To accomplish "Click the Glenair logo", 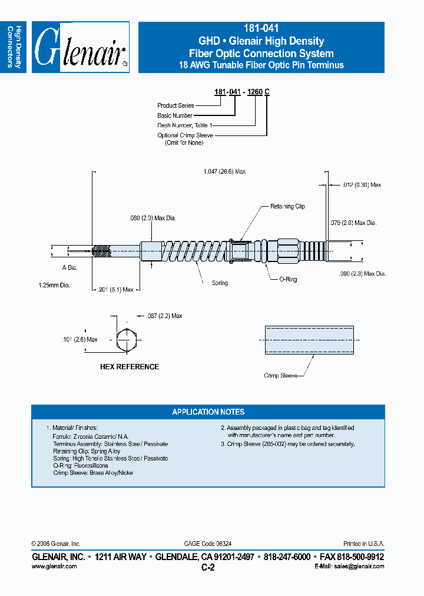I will [81, 48].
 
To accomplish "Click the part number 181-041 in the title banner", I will [261, 28].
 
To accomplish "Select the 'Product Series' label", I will [175, 105].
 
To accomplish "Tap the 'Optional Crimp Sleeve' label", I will [185, 135].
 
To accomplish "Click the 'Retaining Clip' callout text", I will [287, 206].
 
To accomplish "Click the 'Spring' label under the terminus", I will [220, 283].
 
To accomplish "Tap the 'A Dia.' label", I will [69, 267].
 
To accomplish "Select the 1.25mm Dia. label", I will [54, 285].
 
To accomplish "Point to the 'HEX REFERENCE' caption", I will [130, 367].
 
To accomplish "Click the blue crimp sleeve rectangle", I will [309, 340].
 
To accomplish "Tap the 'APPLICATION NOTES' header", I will [208, 412].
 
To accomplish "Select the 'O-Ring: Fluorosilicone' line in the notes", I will [81, 465].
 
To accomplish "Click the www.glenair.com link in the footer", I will [54, 566].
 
